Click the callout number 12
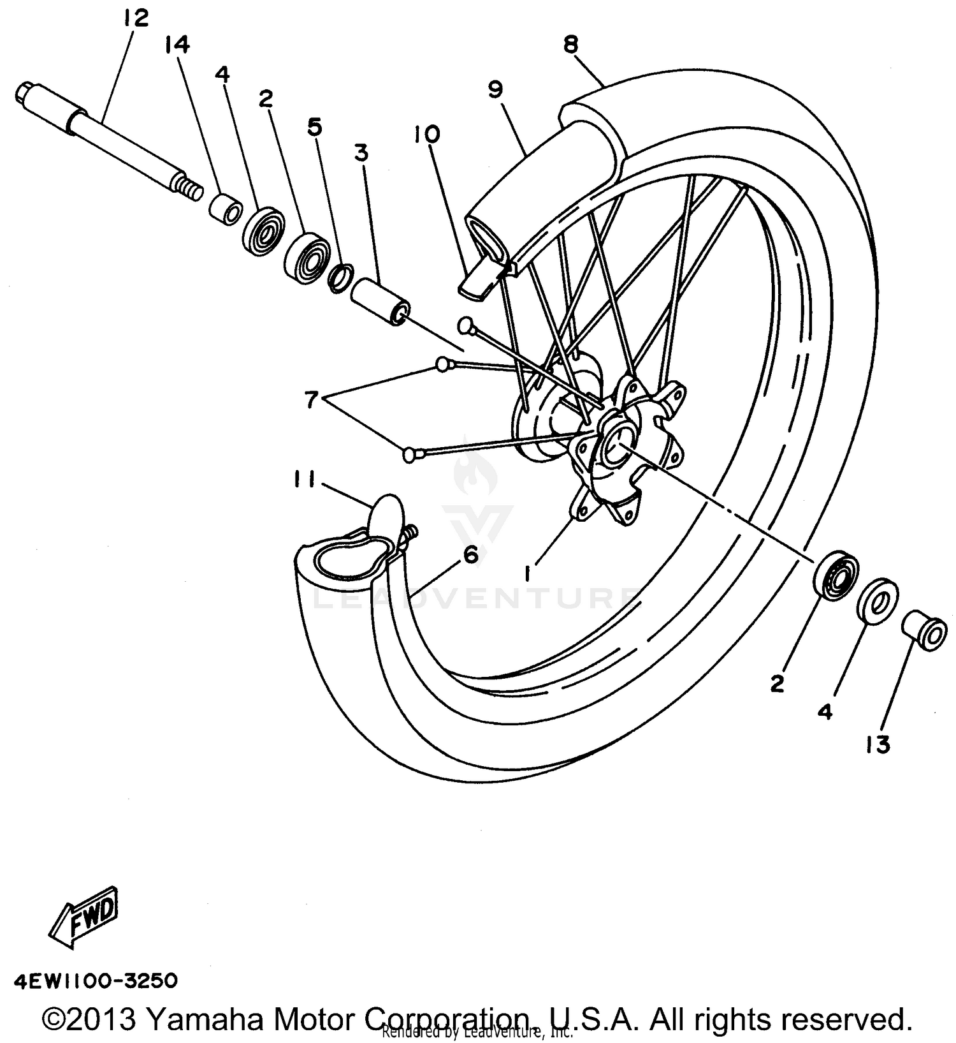(x=136, y=17)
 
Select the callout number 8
(x=570, y=44)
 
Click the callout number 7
(x=310, y=401)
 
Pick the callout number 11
(x=304, y=478)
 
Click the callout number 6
(x=470, y=555)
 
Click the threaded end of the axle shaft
(x=189, y=188)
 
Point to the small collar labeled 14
(x=226, y=208)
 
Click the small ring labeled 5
(x=340, y=277)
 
